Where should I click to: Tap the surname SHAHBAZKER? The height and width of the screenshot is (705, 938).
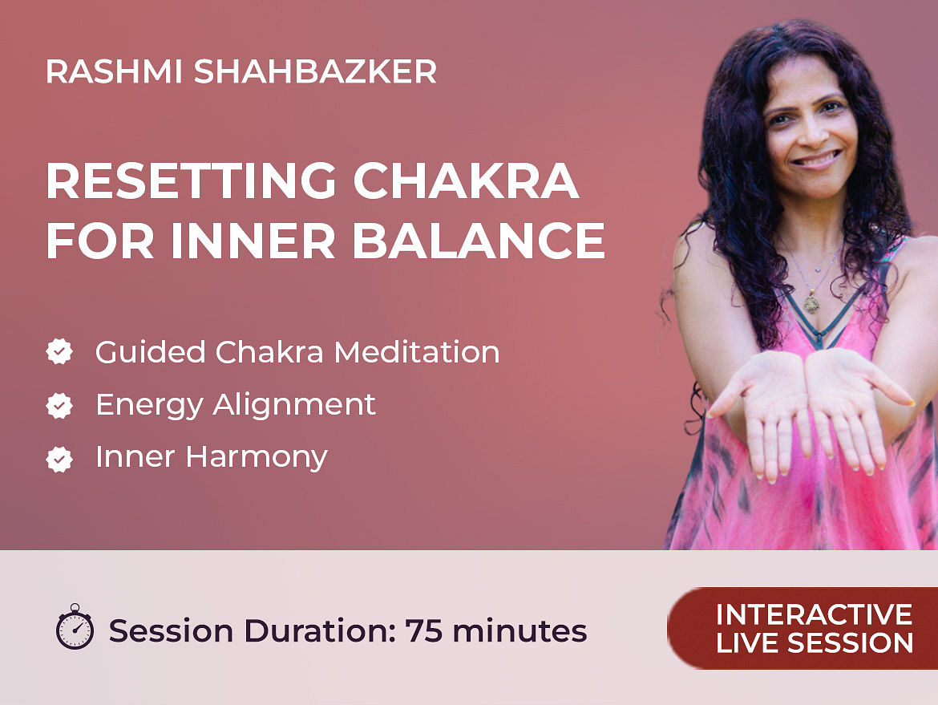[315, 72]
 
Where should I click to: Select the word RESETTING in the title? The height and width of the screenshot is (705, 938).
[192, 180]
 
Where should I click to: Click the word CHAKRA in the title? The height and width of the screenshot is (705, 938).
[466, 180]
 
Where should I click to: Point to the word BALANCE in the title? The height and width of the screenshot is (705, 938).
[479, 241]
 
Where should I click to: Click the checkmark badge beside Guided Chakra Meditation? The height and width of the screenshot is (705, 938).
[59, 352]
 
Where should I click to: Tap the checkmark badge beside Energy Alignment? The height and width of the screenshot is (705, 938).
[59, 405]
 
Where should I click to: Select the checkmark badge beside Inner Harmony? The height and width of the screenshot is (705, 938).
[59, 459]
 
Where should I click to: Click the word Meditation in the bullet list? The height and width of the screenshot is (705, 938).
[417, 352]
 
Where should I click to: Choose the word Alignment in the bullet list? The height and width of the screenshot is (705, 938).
[294, 405]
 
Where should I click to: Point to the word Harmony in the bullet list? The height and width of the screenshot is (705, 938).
[257, 458]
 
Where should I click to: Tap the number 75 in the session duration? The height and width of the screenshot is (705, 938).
[424, 630]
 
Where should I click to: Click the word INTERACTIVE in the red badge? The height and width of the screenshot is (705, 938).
[815, 614]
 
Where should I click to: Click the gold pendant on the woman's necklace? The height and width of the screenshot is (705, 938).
[811, 303]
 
